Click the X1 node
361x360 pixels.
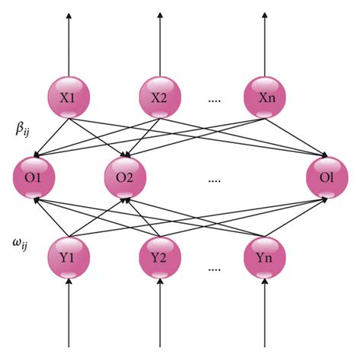coord(69,97)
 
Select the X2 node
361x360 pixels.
coord(161,97)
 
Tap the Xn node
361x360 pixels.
coord(265,97)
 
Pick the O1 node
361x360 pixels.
coord(32,180)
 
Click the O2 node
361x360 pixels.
coord(125,180)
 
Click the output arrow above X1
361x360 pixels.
coord(69,42)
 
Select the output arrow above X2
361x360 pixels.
coord(161,42)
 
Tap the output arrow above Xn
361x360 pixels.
coord(265,42)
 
